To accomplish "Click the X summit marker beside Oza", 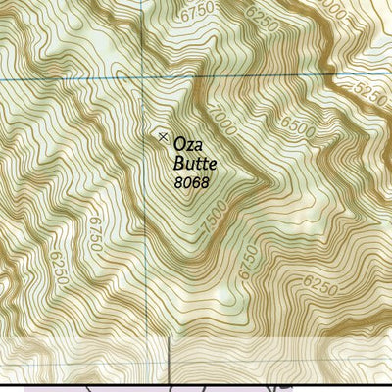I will (x=162, y=137).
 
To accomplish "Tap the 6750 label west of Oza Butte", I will (x=92, y=235).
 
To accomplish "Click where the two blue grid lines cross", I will (x=142, y=78).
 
